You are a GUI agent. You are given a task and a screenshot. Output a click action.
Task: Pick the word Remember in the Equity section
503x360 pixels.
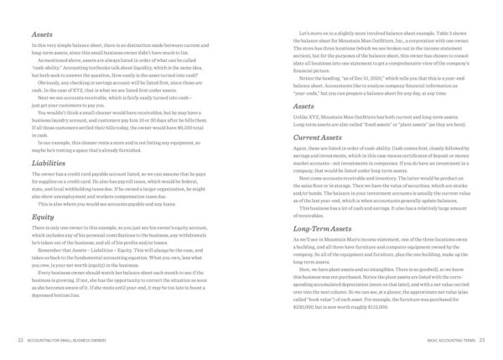point(49,250)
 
